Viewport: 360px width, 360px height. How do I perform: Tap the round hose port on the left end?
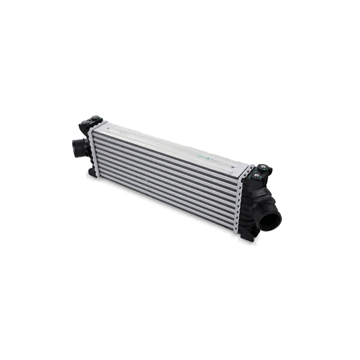tap(75, 146)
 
